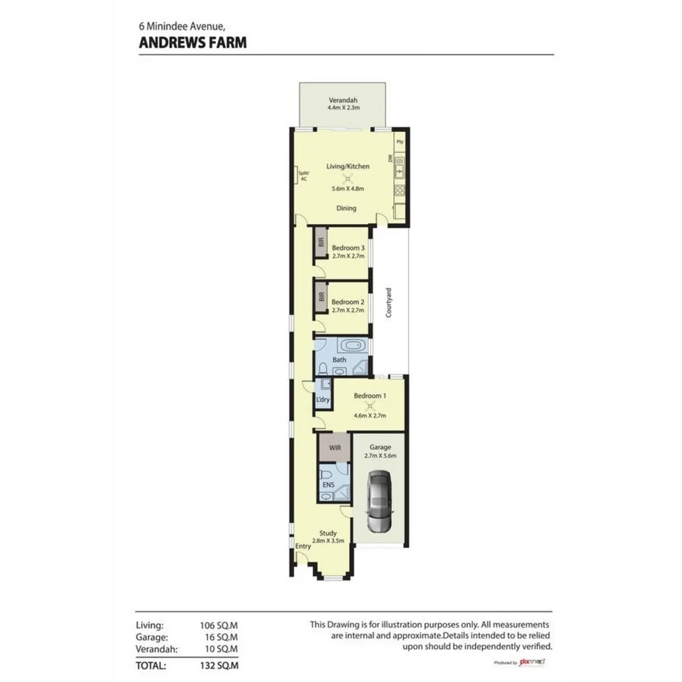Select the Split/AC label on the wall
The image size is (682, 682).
click(303, 176)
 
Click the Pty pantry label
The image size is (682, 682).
click(399, 143)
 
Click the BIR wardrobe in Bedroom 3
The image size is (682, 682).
click(321, 242)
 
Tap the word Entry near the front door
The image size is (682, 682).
click(302, 546)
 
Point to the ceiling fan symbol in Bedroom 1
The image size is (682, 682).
click(369, 405)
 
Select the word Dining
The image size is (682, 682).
click(346, 208)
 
